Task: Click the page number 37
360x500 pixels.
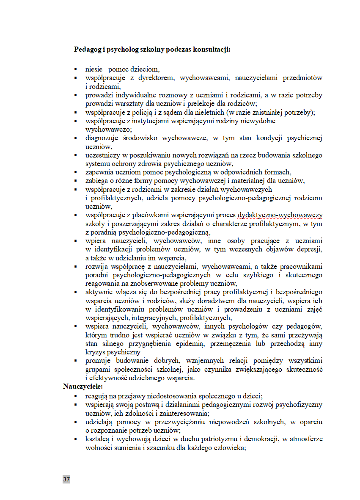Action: (66, 479)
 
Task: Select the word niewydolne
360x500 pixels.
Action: (258, 121)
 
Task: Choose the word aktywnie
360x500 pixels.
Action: (98, 292)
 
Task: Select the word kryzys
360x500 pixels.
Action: (95, 352)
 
